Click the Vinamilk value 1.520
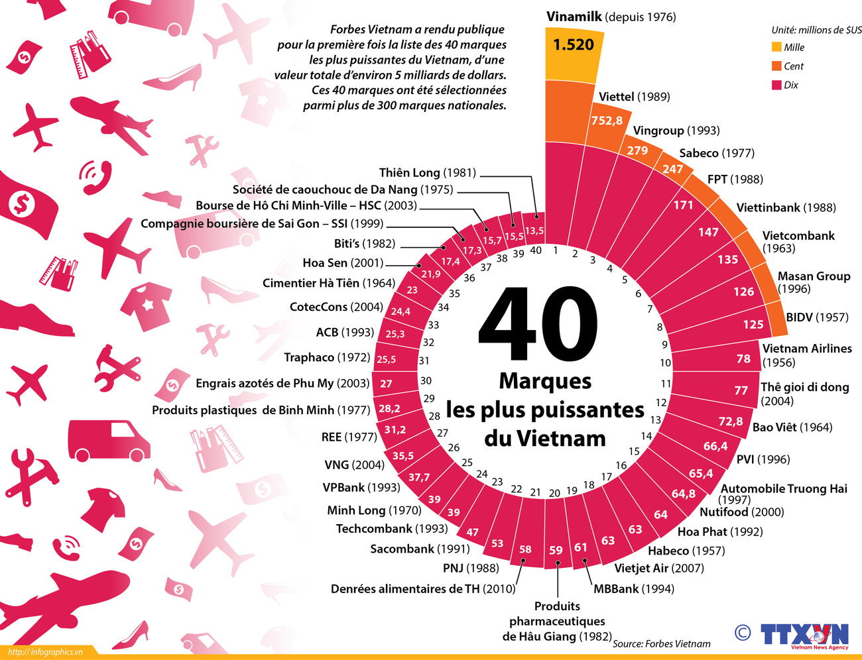tap(573, 45)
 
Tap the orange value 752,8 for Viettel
tap(607, 121)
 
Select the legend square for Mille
tap(776, 47)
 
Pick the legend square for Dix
tap(776, 85)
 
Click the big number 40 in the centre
tap(538, 324)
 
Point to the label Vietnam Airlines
tap(807, 349)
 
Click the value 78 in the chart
tap(743, 358)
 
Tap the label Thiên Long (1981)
tap(428, 172)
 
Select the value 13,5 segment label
tap(534, 231)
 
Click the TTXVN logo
tap(804, 635)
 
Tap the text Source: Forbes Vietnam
tap(661, 643)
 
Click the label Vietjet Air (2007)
tap(659, 568)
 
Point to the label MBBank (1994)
tap(633, 588)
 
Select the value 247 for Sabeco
tap(672, 169)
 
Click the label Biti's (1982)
tap(365, 243)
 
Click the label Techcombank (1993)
tap(392, 528)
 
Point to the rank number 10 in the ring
tap(665, 363)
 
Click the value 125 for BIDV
tap(753, 324)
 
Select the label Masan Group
tap(814, 276)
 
